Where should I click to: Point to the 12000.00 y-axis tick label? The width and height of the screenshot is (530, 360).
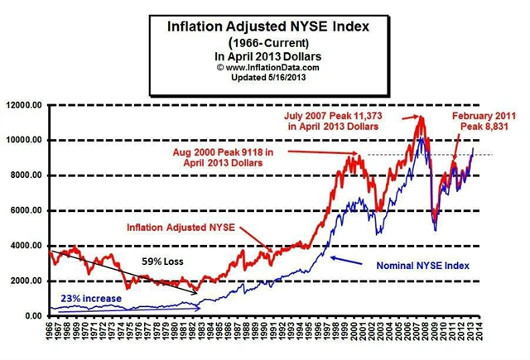pos(24,104)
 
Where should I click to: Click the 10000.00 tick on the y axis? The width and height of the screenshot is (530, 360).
pos(24,140)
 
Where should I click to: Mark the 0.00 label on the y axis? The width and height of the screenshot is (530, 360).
pos(33,316)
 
